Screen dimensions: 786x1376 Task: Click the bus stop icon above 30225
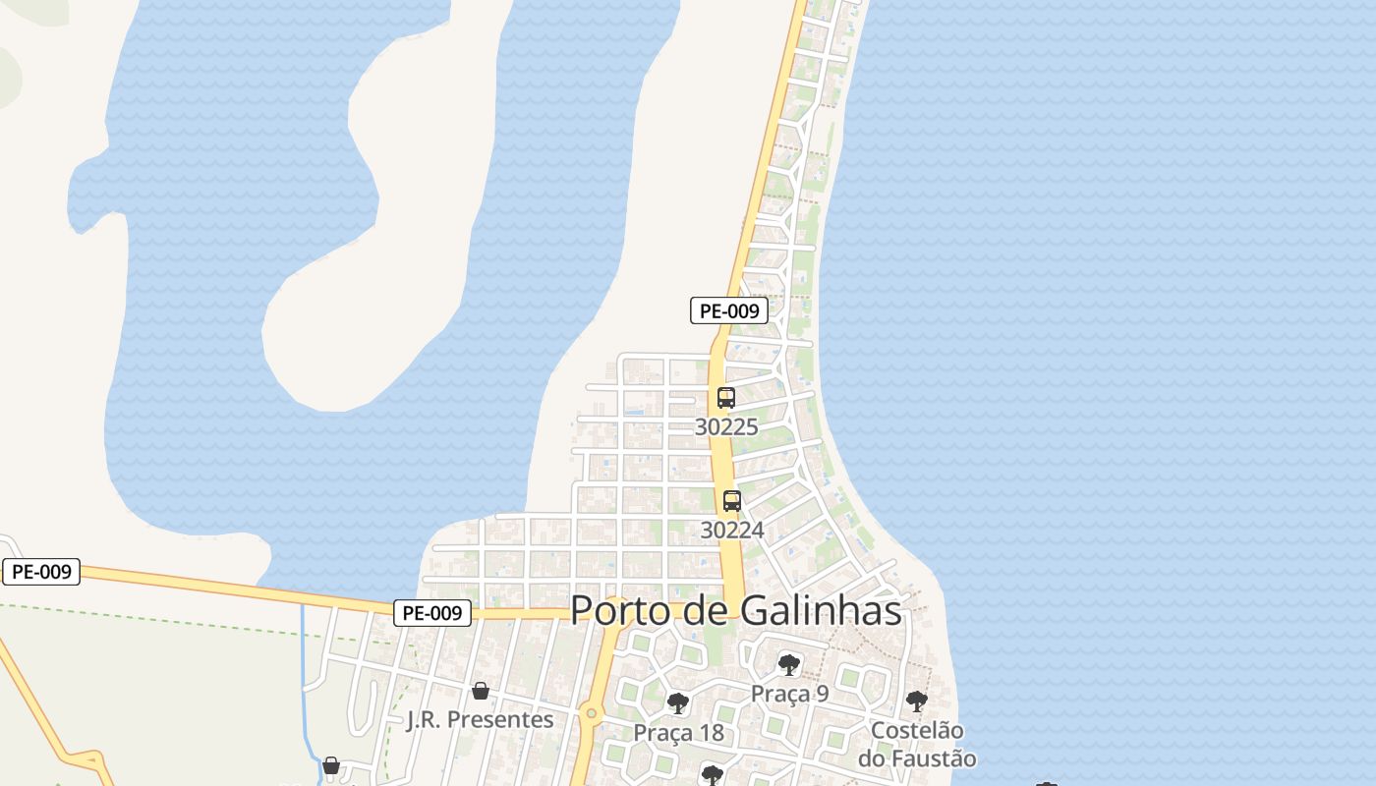[x=726, y=398]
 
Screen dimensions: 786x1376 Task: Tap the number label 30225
[x=726, y=426]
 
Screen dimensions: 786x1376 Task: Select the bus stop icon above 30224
[x=732, y=500]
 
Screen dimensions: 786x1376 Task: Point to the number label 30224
[x=732, y=530]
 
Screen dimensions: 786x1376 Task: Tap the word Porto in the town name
[x=614, y=610]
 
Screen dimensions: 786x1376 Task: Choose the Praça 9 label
[x=790, y=694]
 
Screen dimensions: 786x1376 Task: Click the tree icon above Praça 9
[x=788, y=665]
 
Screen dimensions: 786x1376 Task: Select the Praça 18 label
[x=678, y=733]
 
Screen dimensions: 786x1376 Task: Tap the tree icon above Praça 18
[x=677, y=702]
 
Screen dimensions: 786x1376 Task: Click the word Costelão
[x=917, y=731]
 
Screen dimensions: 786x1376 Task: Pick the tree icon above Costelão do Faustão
[x=916, y=701]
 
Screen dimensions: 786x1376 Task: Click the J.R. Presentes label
[x=481, y=719]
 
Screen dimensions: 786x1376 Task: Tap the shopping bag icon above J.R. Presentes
[x=481, y=691]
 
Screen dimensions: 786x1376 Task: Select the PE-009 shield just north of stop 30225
[x=728, y=311]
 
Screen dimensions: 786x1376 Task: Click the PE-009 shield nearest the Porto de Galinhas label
[x=432, y=613]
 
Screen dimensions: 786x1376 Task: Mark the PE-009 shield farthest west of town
[x=41, y=572]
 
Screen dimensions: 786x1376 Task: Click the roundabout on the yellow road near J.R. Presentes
[x=591, y=714]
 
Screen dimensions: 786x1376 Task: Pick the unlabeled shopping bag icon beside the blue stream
[x=331, y=764]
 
